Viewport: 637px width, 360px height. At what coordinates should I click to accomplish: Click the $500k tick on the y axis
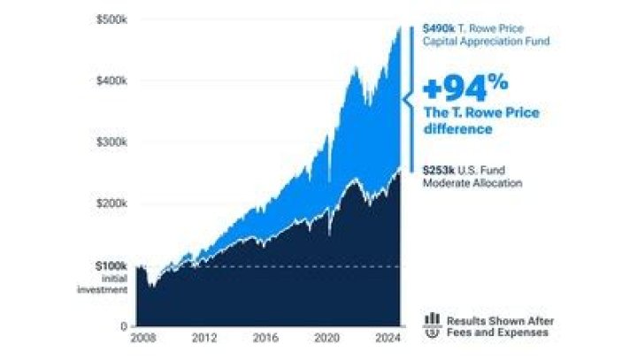(x=111, y=19)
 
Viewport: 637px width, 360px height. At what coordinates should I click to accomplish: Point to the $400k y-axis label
(x=111, y=80)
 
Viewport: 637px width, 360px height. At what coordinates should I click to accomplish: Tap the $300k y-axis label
(x=111, y=142)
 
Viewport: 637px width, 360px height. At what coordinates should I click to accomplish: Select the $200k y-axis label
(x=111, y=203)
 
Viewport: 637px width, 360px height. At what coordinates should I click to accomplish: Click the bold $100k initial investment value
(x=111, y=265)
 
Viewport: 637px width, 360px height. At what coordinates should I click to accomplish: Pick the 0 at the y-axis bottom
(x=125, y=326)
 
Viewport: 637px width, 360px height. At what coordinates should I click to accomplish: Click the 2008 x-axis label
(x=142, y=338)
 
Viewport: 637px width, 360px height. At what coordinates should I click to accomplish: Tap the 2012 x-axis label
(x=204, y=338)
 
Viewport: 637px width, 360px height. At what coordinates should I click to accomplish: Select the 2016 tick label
(x=265, y=338)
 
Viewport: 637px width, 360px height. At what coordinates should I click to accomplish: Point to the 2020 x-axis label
(x=327, y=338)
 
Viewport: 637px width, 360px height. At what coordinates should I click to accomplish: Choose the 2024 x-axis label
(x=388, y=338)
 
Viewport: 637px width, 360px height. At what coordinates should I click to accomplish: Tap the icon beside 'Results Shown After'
(x=433, y=326)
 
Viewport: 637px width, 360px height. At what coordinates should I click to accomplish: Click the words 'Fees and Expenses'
(x=496, y=333)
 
